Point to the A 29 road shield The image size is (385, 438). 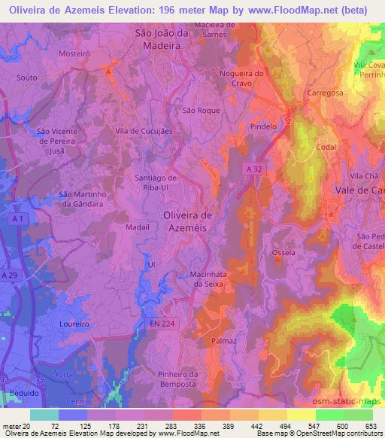pos(10,277)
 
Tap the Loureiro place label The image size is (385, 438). pos(74,324)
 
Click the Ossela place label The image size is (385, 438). pos(283,252)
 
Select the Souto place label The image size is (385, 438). pos(26,78)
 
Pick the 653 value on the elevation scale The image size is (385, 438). pos(371,425)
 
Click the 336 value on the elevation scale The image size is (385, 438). pos(199,425)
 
